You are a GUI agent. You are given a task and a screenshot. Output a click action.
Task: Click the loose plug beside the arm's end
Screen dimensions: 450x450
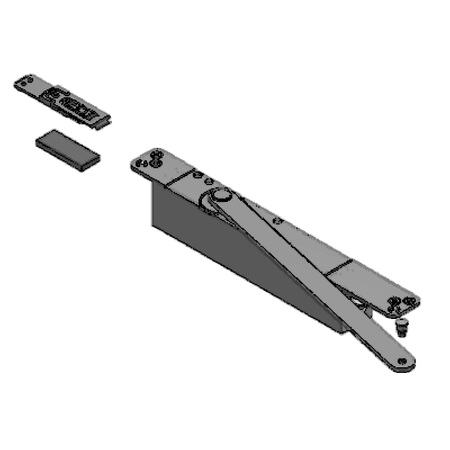pos(402,326)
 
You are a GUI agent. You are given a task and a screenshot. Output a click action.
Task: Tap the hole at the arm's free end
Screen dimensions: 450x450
pos(402,362)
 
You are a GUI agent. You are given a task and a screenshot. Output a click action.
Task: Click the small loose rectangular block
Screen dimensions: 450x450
pos(67,149)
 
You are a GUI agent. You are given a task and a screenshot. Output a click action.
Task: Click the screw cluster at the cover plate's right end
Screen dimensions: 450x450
pos(402,304)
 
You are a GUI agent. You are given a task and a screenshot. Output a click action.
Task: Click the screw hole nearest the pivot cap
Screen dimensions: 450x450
pos(209,181)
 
